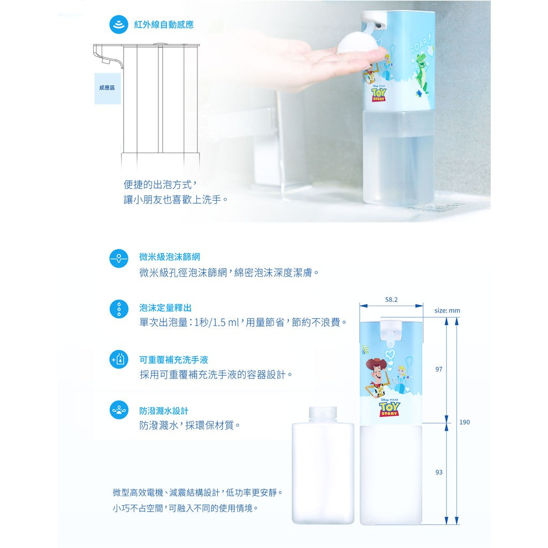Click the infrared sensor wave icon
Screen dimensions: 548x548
[x=119, y=25]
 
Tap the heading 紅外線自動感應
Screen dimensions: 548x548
[x=164, y=25]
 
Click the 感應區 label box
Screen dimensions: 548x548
[x=107, y=87]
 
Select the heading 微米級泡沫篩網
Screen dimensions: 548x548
[x=170, y=257]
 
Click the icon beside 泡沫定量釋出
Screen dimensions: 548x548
[x=119, y=309]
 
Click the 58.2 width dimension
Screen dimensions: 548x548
[x=391, y=300]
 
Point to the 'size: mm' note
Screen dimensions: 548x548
[x=447, y=310]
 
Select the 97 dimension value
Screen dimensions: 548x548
[x=439, y=369]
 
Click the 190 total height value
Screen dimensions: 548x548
[x=465, y=422]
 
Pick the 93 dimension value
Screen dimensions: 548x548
[x=439, y=473]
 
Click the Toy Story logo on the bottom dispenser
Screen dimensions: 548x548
[x=390, y=409]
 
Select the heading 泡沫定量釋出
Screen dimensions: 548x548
[x=165, y=308]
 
